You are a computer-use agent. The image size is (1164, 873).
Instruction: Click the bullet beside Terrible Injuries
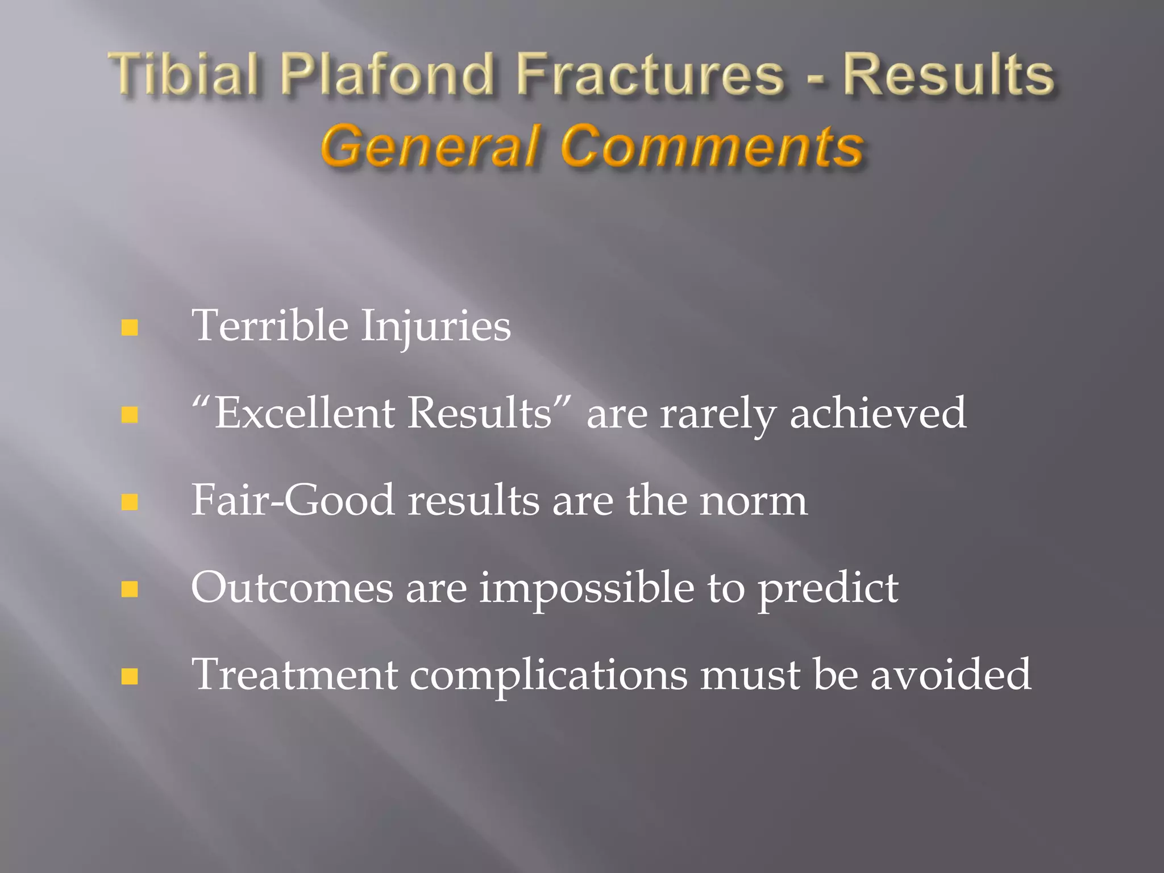pos(130,327)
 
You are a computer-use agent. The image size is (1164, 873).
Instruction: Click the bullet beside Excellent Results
pos(130,414)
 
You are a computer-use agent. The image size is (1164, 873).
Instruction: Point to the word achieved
pos(878,413)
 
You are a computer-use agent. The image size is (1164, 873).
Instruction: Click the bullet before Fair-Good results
pos(130,502)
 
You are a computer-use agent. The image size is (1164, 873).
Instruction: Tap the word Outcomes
pos(292,588)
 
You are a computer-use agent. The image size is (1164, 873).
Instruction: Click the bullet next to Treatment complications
pos(130,676)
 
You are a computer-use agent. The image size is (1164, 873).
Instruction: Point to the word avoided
pos(950,675)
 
